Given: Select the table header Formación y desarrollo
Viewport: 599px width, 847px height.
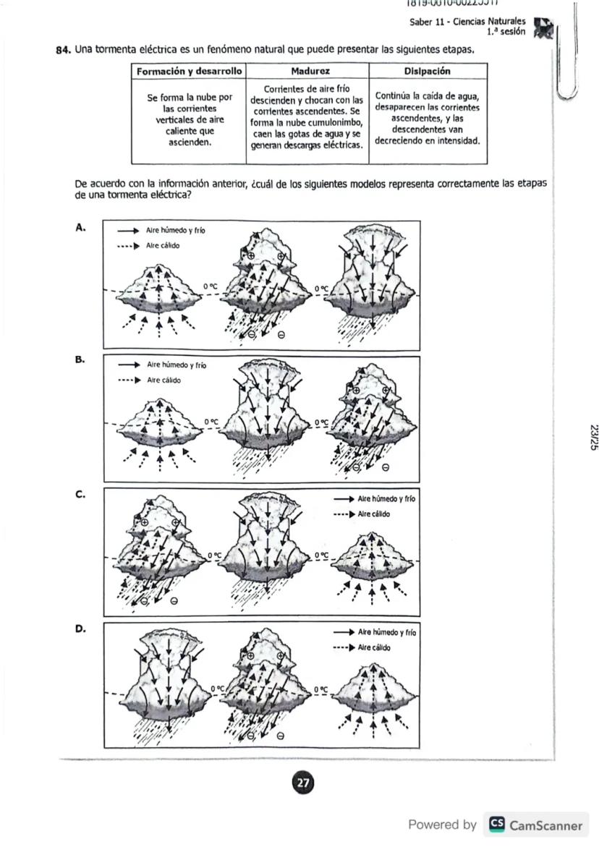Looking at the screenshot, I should point(188,72).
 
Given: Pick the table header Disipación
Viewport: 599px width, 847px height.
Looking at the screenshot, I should point(427,72).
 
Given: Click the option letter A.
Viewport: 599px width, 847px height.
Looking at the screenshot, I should point(80,227).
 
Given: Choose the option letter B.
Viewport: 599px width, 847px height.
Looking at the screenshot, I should point(80,359).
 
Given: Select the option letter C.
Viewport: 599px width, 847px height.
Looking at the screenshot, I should point(80,495).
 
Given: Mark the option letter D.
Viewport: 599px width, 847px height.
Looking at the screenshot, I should point(80,629).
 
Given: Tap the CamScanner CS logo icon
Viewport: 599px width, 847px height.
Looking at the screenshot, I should point(497,825).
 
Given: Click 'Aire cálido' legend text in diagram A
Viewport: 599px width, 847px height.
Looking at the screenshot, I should point(163,245).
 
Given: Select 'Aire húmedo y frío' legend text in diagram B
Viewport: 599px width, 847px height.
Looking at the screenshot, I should point(177,365).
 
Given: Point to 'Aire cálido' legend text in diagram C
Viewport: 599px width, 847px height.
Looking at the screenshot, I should point(374,514).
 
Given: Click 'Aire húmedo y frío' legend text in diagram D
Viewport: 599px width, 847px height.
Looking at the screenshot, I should point(387,632).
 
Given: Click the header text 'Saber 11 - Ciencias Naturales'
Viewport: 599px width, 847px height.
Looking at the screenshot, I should point(467,22).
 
